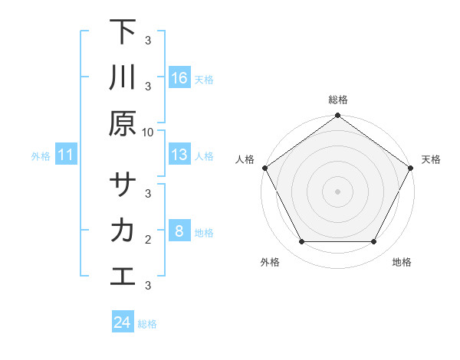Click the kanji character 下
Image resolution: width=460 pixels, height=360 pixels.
pyautogui.click(x=123, y=32)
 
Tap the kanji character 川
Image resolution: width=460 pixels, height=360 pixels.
pyautogui.click(x=123, y=78)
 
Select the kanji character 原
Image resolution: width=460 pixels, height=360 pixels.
pyautogui.click(x=123, y=123)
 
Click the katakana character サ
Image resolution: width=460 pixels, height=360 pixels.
pyautogui.click(x=123, y=185)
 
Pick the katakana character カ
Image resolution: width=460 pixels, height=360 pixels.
pyautogui.click(x=123, y=231)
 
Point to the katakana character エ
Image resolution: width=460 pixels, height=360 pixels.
pyautogui.click(x=123, y=277)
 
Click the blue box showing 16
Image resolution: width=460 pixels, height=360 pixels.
pyautogui.click(x=179, y=78)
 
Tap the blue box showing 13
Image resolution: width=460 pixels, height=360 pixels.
pyautogui.click(x=179, y=155)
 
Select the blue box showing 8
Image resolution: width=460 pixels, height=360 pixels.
pyautogui.click(x=179, y=231)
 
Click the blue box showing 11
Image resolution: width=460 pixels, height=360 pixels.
pyautogui.click(x=66, y=155)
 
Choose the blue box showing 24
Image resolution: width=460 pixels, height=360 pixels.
pyautogui.click(x=123, y=322)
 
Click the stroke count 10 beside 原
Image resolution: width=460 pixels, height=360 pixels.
pyautogui.click(x=148, y=132)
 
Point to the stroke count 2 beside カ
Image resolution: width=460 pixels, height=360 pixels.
pyautogui.click(x=148, y=240)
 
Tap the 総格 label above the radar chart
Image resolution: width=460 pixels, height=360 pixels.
pyautogui.click(x=337, y=100)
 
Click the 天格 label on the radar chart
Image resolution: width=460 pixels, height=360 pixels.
pyautogui.click(x=431, y=159)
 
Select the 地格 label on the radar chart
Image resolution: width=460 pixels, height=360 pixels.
pyautogui.click(x=402, y=262)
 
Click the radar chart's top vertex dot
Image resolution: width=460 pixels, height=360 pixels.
pyautogui.click(x=337, y=116)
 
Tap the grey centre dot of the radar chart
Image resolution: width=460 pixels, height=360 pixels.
pyautogui.click(x=337, y=191)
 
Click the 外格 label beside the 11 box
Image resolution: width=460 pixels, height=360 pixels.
pyautogui.click(x=41, y=155)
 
